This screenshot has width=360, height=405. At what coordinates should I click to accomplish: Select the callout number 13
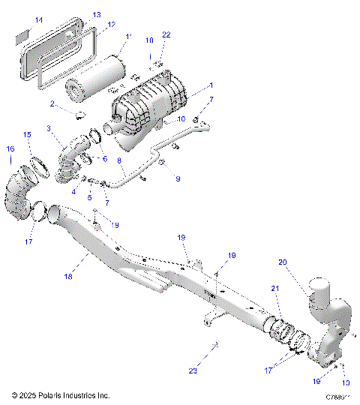point(97,15)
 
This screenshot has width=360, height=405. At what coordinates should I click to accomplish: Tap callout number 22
point(166,35)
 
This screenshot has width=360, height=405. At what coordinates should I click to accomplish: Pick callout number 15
point(27,135)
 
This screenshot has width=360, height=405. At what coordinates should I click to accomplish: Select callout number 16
point(10,149)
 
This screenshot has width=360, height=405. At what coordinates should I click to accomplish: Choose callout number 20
point(282,262)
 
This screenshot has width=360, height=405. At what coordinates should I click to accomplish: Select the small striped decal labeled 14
point(22,34)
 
